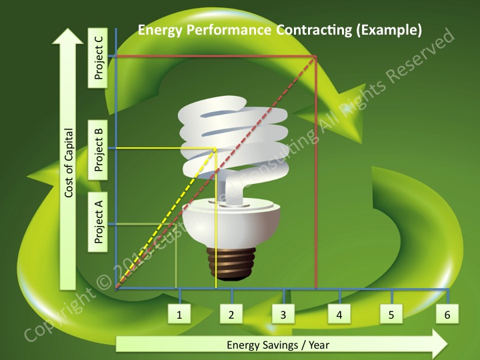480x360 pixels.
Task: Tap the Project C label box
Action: [99, 58]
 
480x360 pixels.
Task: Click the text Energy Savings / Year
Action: [278, 345]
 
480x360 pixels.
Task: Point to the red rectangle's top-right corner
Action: [315, 57]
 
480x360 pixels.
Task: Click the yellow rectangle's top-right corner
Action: [216, 148]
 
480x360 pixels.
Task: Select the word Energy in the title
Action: [158, 30]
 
